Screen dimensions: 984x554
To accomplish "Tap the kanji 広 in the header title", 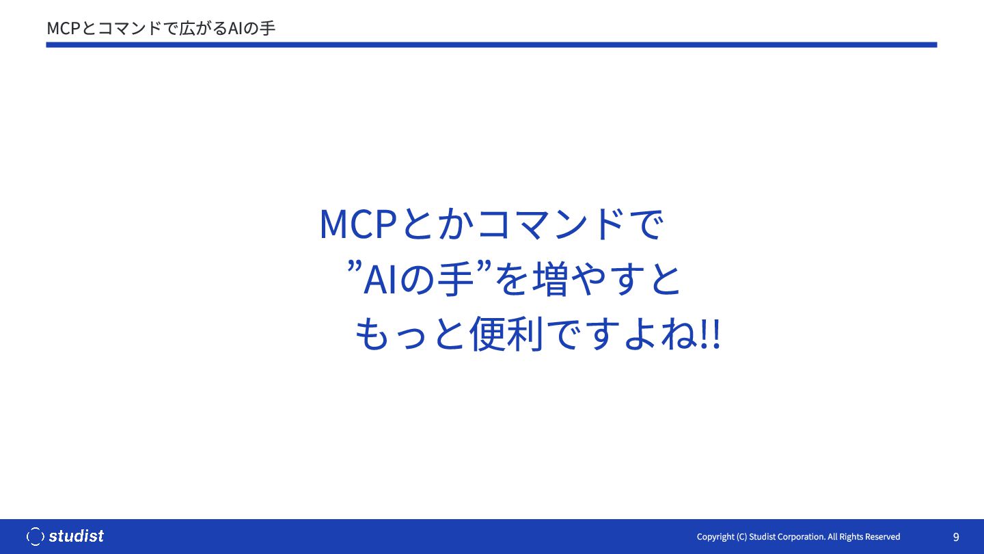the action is (x=187, y=29).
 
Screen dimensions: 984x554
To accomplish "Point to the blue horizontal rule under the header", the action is (x=491, y=44).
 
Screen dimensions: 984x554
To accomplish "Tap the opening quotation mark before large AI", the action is (x=355, y=266).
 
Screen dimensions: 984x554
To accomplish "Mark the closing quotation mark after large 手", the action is (x=484, y=266).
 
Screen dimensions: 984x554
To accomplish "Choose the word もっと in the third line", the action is (x=410, y=334).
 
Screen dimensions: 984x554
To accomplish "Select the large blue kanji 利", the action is (x=525, y=334).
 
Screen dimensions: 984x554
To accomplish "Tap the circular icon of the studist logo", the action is (x=35, y=536).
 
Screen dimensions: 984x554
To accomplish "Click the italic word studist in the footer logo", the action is (x=77, y=536).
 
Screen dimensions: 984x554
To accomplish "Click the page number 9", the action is (x=956, y=537).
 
